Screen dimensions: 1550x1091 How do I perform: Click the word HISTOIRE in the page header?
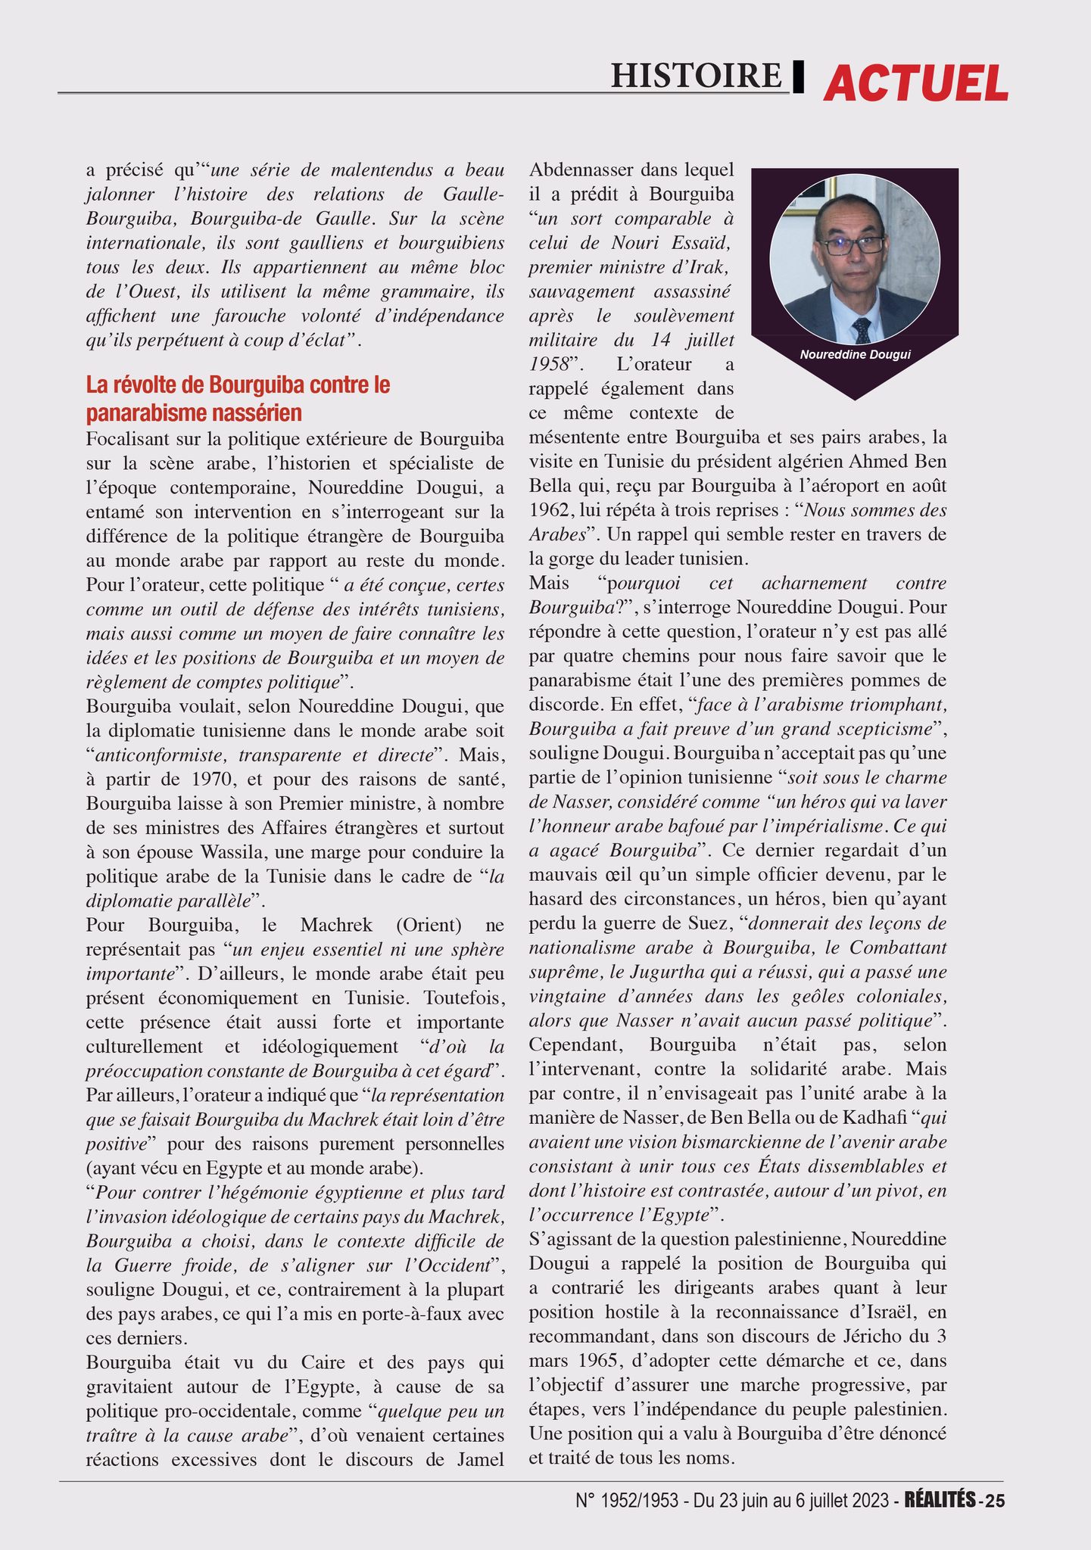click(x=695, y=76)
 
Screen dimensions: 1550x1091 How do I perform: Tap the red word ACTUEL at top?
click(x=915, y=82)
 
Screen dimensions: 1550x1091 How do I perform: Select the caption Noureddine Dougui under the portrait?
click(x=855, y=354)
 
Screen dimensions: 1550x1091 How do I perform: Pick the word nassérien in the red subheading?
click(x=257, y=413)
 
